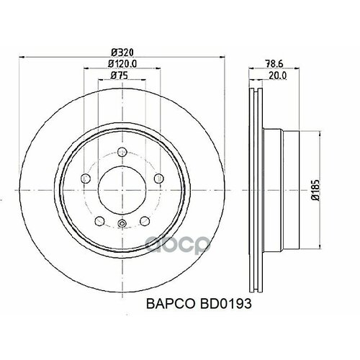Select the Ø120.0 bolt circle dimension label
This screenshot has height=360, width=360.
(x=122, y=64)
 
